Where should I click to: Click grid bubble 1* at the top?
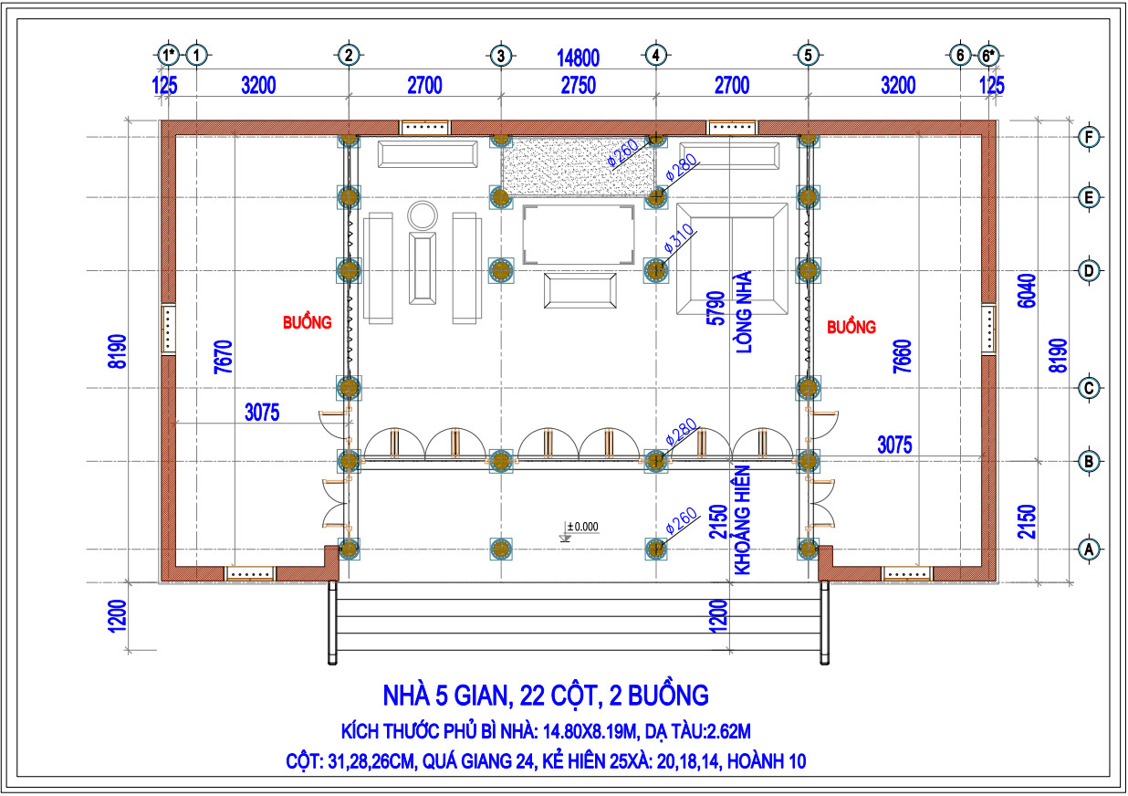[x=168, y=55]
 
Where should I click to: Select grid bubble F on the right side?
[x=1089, y=137]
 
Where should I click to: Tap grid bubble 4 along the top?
[x=655, y=55]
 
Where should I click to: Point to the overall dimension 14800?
[x=578, y=58]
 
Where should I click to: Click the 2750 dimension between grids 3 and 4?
[x=579, y=85]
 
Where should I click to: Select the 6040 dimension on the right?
[x=1028, y=290]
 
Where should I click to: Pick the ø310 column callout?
[x=678, y=238]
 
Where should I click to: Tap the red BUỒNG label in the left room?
[x=308, y=322]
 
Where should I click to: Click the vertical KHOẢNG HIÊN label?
[x=743, y=519]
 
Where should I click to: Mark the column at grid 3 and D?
[x=501, y=270]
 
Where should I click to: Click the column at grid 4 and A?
[x=655, y=550]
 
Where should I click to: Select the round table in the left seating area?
[x=423, y=215]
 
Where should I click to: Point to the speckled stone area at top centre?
[x=578, y=166]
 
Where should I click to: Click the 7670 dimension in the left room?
[x=224, y=357]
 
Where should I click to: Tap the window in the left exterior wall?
[x=169, y=329]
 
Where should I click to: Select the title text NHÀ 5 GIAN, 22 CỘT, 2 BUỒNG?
[x=546, y=696]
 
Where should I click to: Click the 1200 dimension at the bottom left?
[x=117, y=615]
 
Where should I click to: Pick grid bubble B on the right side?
[x=1089, y=461]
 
